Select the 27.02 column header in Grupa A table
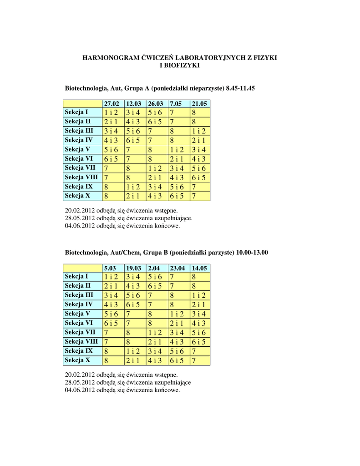click(112, 103)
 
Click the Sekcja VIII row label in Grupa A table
click(81, 177)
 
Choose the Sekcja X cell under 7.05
click(177, 196)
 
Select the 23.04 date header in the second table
click(177, 268)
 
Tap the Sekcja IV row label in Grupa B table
click(79, 304)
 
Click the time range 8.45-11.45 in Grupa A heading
click(240, 88)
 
